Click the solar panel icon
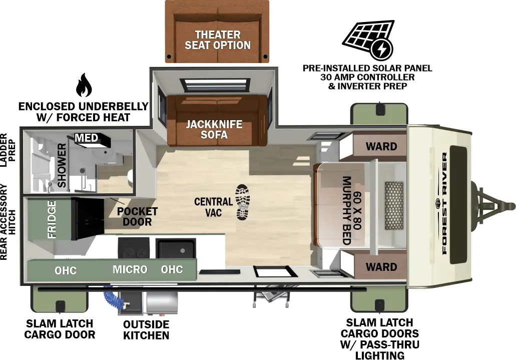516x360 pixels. point(368,41)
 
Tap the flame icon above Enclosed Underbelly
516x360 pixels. point(84,86)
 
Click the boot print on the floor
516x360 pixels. point(242,202)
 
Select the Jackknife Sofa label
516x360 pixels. point(214,129)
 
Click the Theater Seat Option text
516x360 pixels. point(217,40)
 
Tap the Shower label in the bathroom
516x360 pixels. point(62,165)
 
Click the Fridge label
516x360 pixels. point(52,219)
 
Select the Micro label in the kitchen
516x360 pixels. point(130,269)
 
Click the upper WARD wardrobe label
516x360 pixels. point(381,146)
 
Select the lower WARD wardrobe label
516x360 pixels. point(381,266)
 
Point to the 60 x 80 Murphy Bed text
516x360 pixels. point(351,210)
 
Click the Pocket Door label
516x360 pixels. point(137,216)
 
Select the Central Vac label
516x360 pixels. point(213,207)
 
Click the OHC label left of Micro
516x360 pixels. point(66,270)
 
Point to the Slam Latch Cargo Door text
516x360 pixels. point(60,329)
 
